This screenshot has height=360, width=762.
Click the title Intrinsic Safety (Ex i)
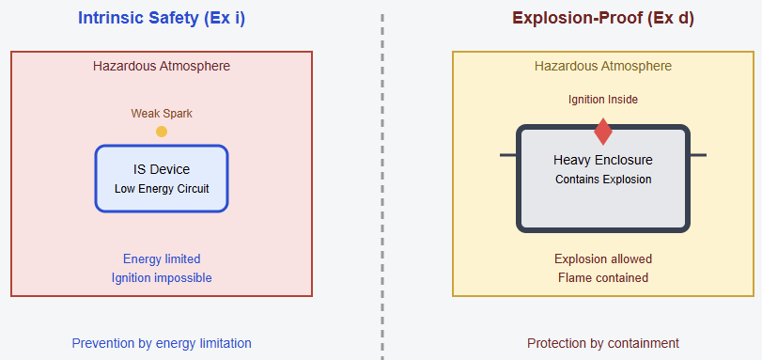162,18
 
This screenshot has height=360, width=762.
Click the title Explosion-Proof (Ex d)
603,18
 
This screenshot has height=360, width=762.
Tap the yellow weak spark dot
162,132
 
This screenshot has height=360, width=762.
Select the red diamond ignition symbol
603,132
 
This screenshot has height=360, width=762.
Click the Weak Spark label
162,114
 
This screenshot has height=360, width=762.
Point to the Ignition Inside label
603,100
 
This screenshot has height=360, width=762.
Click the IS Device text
162,169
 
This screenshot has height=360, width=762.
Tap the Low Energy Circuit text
162,188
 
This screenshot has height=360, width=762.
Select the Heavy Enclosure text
603,160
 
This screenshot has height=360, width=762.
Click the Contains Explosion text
603,179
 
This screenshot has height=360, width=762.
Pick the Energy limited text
162,258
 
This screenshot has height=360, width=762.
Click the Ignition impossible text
162,277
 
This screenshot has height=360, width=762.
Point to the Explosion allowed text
603,258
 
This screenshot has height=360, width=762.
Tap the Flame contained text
603,277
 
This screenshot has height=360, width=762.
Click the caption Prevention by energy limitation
162,343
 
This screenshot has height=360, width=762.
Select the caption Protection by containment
603,343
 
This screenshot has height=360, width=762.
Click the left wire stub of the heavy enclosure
508,155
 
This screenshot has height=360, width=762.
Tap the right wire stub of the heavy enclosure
698,155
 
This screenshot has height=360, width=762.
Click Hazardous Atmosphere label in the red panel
162,66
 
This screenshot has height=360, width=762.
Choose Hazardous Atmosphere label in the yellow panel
603,66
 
